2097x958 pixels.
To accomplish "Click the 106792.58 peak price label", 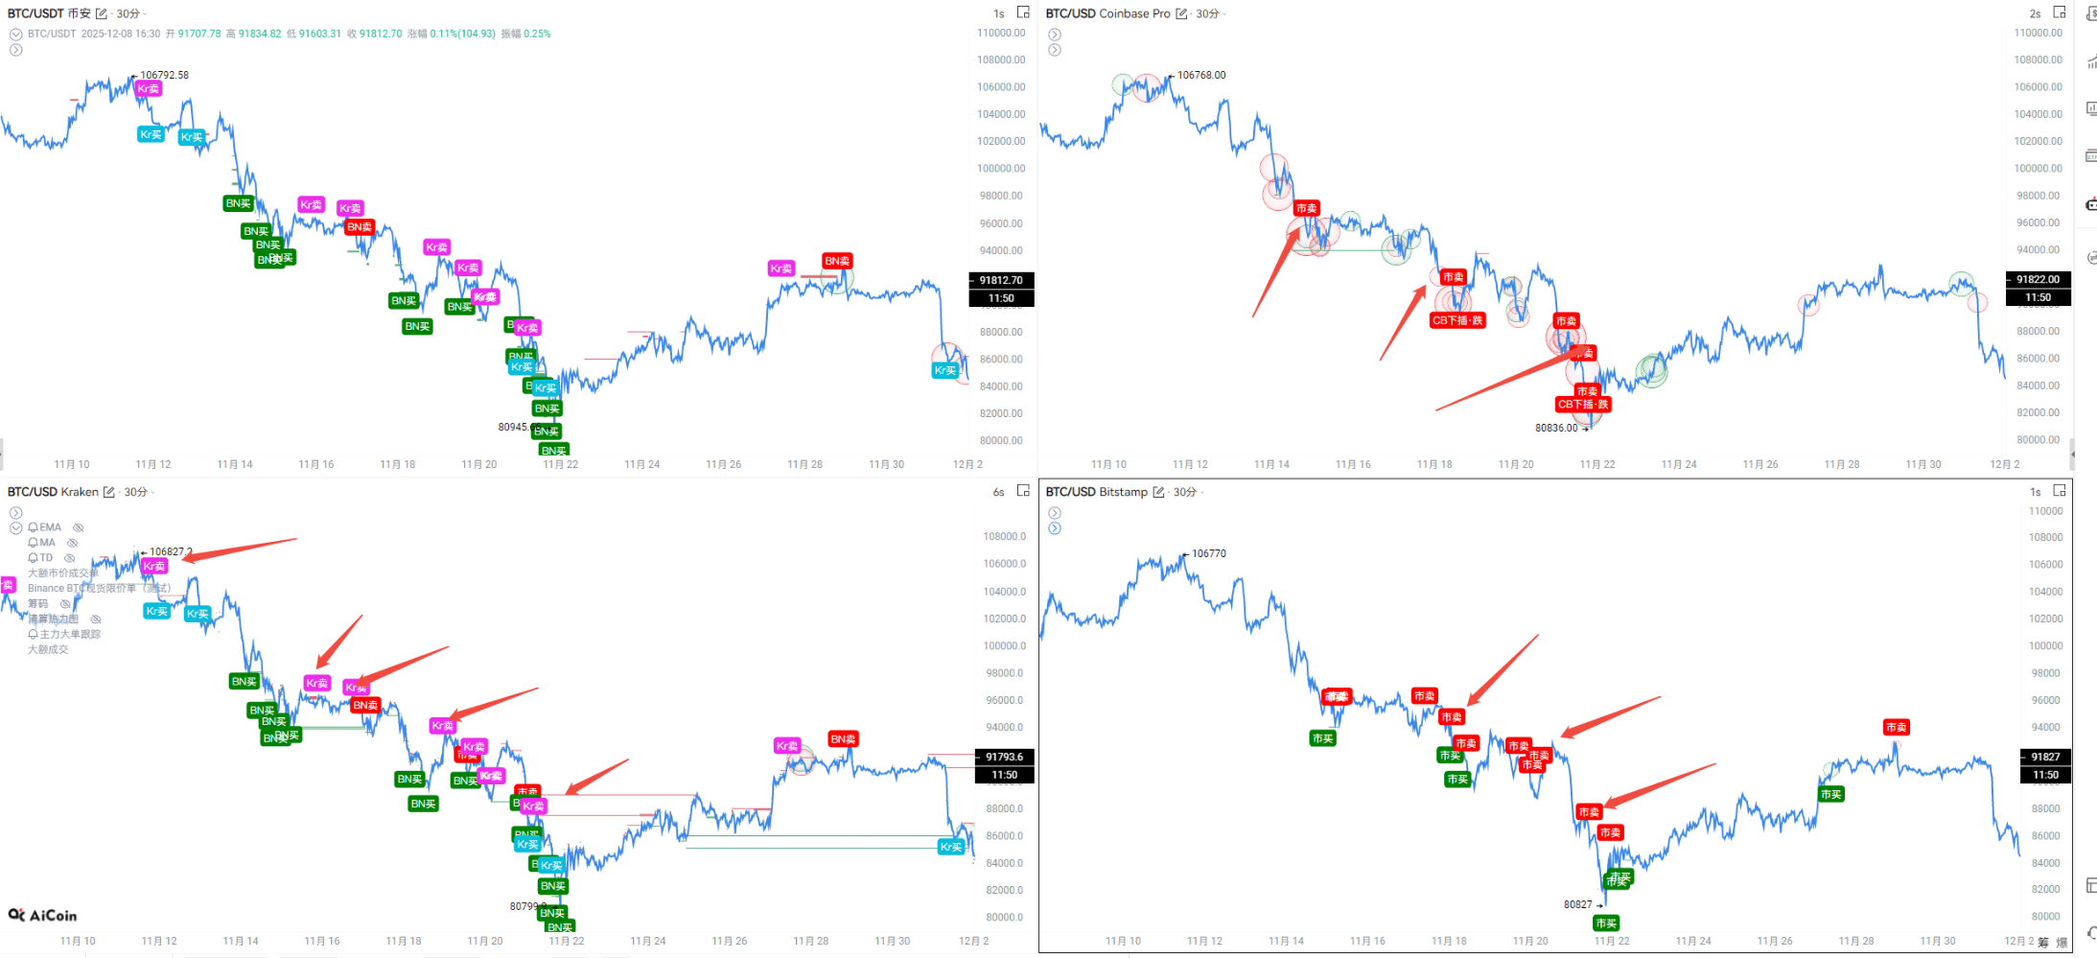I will pyautogui.click(x=164, y=75).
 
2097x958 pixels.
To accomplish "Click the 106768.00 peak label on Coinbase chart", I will pyautogui.click(x=1200, y=75).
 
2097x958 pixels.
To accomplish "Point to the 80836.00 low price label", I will pyautogui.click(x=1556, y=428).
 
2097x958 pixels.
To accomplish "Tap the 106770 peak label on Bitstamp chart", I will pyautogui.click(x=1208, y=553).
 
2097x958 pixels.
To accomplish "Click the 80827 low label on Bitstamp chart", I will pyautogui.click(x=1577, y=904).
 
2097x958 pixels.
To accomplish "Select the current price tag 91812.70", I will pyautogui.click(x=1000, y=280).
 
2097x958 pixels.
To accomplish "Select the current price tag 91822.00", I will pyautogui.click(x=2038, y=279).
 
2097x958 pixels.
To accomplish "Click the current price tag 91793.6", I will pyautogui.click(x=1004, y=757).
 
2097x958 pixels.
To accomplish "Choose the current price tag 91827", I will pyautogui.click(x=2044, y=757).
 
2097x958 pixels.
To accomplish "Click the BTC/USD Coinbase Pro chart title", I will pyautogui.click(x=1107, y=13).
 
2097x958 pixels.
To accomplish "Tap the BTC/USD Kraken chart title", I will pyautogui.click(x=53, y=492).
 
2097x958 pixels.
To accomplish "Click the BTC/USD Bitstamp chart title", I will pyautogui.click(x=1096, y=492).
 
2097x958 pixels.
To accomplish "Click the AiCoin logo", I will pyautogui.click(x=43, y=915).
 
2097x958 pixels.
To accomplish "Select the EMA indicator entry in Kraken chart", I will pyautogui.click(x=50, y=527).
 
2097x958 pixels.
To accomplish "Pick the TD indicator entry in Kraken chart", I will pyautogui.click(x=46, y=558).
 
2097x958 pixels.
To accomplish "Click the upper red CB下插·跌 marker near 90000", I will pyautogui.click(x=1457, y=320).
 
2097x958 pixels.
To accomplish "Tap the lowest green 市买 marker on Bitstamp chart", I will pyautogui.click(x=1605, y=923).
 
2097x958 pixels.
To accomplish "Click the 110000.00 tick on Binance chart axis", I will pyautogui.click(x=1000, y=33).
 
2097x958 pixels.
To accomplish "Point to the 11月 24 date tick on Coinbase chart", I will pyautogui.click(x=1679, y=464).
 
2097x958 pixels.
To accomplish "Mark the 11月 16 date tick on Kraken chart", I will pyautogui.click(x=322, y=941).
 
